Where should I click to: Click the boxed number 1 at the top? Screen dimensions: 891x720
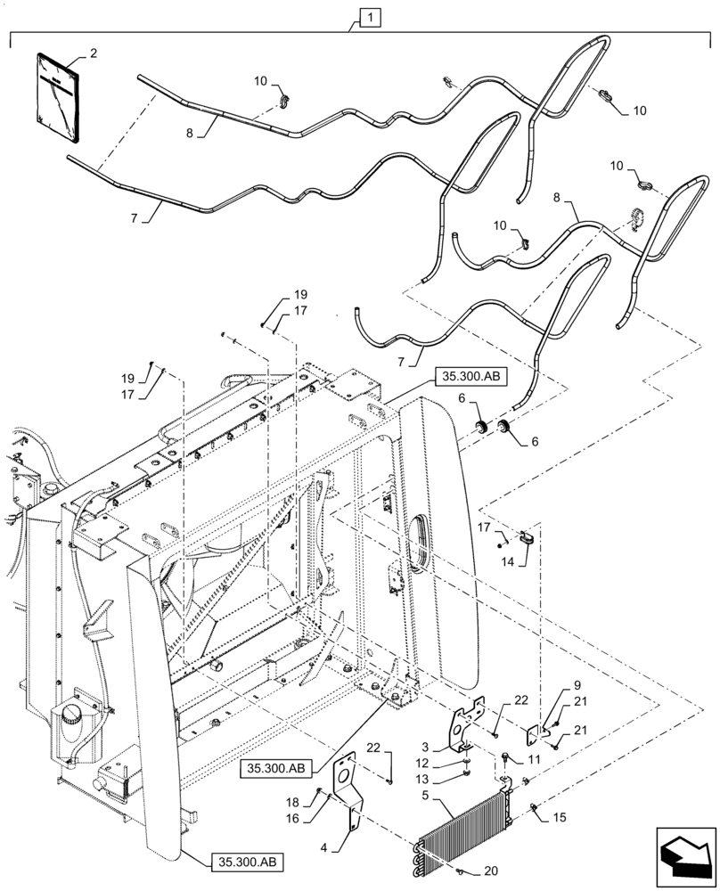(x=368, y=16)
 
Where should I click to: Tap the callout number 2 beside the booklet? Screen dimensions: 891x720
(x=94, y=53)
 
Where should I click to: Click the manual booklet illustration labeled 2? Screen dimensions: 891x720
(x=57, y=96)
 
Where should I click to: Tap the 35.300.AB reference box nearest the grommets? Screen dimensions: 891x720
(x=471, y=378)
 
